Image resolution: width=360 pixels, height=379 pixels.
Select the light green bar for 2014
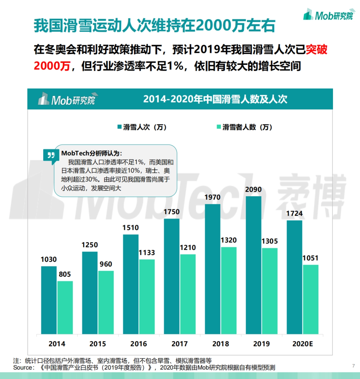click(x=65, y=307)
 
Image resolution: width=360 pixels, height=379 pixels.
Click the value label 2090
click(x=253, y=190)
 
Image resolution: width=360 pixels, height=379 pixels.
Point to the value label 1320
click(x=229, y=240)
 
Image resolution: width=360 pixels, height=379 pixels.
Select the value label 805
click(x=65, y=274)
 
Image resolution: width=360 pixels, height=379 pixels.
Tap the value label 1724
click(x=294, y=214)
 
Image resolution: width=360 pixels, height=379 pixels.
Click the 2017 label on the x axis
click(x=179, y=344)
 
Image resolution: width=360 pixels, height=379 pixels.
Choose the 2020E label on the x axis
click(x=302, y=344)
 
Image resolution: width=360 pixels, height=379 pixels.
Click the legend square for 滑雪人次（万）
click(x=119, y=127)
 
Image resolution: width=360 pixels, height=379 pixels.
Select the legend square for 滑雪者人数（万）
click(x=219, y=127)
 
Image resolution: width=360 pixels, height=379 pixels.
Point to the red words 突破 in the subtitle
click(x=316, y=50)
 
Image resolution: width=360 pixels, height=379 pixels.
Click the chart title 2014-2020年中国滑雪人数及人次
click(x=215, y=99)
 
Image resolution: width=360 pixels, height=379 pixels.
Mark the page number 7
click(x=353, y=366)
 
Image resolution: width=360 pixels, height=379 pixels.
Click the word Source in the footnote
click(x=23, y=368)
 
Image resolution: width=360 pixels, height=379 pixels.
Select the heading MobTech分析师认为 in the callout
click(x=91, y=153)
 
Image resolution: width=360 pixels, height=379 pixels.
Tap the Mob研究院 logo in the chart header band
click(x=67, y=100)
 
